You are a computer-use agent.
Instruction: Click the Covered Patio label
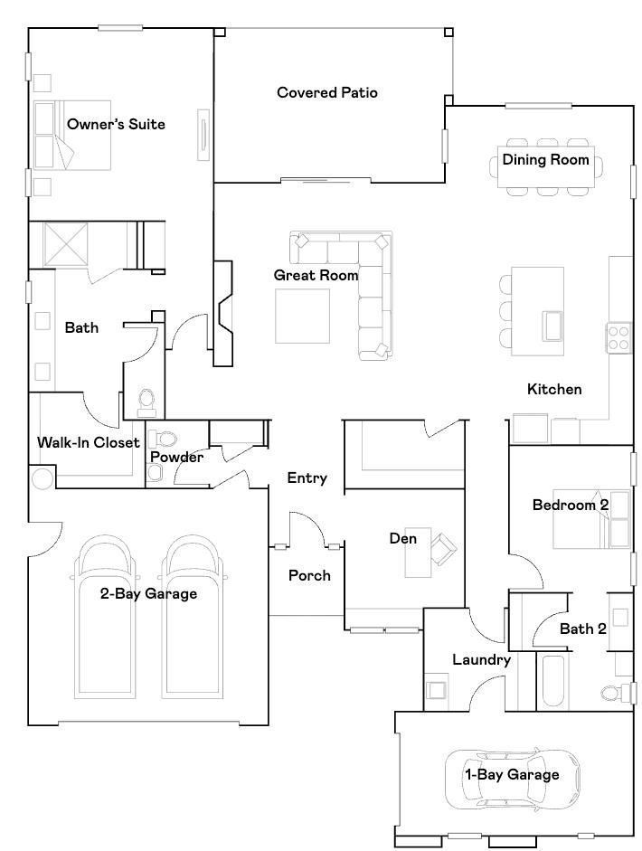point(326,92)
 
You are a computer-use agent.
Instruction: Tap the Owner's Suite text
point(116,124)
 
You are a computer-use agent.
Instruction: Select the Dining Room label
point(545,159)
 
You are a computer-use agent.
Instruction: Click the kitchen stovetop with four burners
point(618,337)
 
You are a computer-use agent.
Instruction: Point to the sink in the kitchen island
point(552,326)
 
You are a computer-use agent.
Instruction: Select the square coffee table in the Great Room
point(302,316)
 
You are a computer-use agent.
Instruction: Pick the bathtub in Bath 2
point(555,682)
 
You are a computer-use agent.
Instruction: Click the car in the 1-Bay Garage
point(513,779)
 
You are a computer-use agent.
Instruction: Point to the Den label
point(403,538)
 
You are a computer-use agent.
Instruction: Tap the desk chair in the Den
point(444,546)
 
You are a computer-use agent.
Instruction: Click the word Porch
point(309,575)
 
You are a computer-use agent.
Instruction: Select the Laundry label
point(481,660)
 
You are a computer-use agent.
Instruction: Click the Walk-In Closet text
point(89,442)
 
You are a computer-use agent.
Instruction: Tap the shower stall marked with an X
point(65,244)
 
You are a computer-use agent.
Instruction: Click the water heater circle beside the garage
point(42,478)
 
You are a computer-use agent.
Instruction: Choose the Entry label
point(307,478)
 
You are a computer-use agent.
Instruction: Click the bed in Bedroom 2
point(591,519)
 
